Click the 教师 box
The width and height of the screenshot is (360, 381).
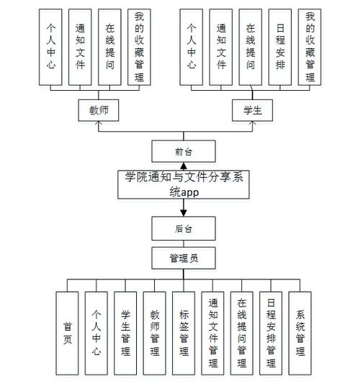97,109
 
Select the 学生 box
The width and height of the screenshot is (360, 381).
251,109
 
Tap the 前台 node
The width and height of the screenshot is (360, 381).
184,151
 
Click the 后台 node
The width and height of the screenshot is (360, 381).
184,229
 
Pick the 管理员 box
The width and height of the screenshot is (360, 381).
184,256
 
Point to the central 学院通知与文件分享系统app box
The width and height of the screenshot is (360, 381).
184,184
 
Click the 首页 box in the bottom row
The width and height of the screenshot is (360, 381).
67,333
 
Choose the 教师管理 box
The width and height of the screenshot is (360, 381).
154,333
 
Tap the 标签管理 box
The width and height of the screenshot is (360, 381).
183,333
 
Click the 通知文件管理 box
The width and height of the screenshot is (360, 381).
212,333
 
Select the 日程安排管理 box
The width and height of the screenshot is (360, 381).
271,333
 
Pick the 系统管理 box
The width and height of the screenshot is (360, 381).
300,333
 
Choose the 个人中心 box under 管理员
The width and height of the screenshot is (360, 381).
96,333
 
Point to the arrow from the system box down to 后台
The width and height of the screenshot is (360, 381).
184,210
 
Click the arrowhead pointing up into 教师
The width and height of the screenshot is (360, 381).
97,123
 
